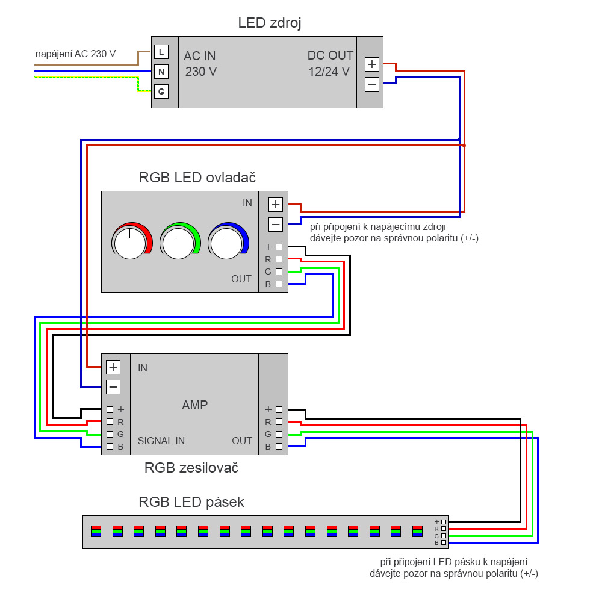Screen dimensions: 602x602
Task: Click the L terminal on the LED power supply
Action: (161, 52)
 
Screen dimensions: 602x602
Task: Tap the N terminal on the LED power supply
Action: (161, 72)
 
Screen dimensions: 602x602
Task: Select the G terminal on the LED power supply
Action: (161, 92)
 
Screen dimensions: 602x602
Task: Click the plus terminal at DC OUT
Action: (372, 64)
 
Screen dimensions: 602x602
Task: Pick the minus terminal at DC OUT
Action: (372, 84)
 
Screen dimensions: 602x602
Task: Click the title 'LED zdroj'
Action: (270, 23)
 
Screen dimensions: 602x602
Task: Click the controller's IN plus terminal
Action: (276, 205)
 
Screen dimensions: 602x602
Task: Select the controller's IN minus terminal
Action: (276, 225)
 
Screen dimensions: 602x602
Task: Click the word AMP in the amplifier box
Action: (194, 405)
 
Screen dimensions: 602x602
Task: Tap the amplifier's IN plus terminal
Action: (113, 367)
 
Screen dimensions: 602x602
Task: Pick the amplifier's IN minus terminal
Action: (113, 386)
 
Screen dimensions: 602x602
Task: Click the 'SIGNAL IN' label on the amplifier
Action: (161, 441)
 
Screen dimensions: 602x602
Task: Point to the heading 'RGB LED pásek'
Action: (191, 502)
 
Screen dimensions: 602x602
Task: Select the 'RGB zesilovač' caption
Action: (191, 467)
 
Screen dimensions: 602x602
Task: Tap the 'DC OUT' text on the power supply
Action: (330, 55)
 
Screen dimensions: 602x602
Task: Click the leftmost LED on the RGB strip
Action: (96, 531)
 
